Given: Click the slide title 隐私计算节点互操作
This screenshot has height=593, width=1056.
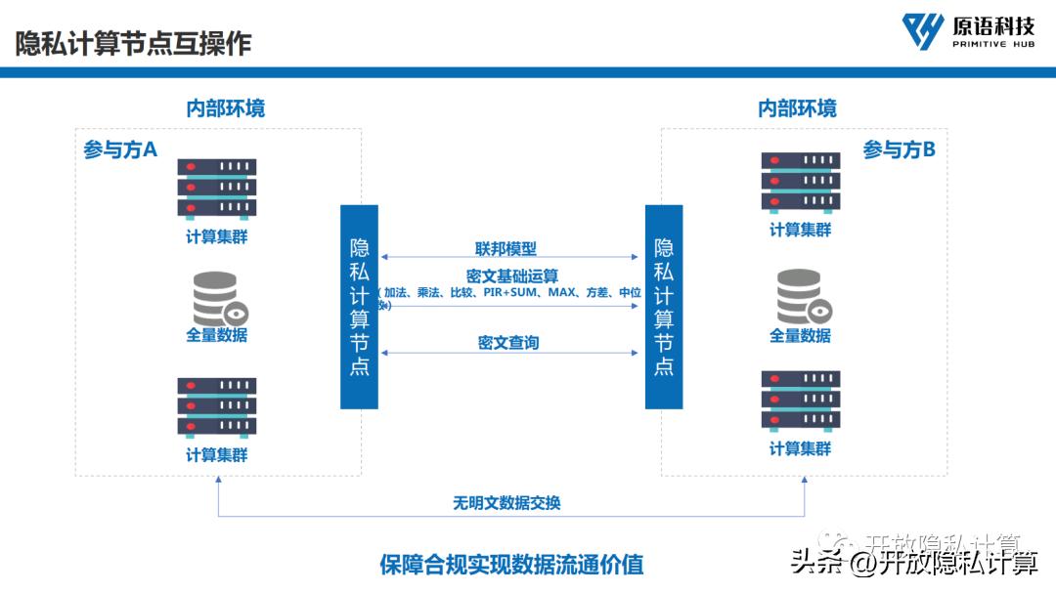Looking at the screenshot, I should pos(134,43).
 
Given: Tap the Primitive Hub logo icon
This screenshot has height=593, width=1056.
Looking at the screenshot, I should pos(922,31).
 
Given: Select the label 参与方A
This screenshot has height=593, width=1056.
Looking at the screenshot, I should pos(120,149).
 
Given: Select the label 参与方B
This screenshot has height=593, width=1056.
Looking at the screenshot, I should pos(899,149).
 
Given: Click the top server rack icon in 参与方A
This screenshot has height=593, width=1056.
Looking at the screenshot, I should pos(216,188).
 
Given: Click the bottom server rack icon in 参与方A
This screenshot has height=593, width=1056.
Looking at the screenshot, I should pos(216,406).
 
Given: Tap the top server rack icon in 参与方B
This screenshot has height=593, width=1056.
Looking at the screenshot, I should pos(801,182).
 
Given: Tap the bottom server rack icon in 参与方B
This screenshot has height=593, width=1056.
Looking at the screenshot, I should pos(801,400).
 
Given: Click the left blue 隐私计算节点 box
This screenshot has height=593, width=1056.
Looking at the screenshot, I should pos(359,307).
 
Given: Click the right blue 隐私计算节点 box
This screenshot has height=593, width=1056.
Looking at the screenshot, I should pos(664,307).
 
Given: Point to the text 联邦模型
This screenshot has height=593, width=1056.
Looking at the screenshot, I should pos(506,248).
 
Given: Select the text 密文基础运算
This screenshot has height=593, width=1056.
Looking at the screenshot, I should pos(511,275).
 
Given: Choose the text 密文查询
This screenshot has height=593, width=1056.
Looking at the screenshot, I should pos(508,342).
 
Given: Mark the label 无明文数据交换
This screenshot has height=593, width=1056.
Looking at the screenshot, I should pos(506,503).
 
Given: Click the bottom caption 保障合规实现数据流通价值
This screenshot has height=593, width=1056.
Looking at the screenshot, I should pos(511,564).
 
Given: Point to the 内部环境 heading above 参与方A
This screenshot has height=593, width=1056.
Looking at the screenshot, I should pos(225,107).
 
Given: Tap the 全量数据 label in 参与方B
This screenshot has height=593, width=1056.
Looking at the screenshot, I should pos(800,335).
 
